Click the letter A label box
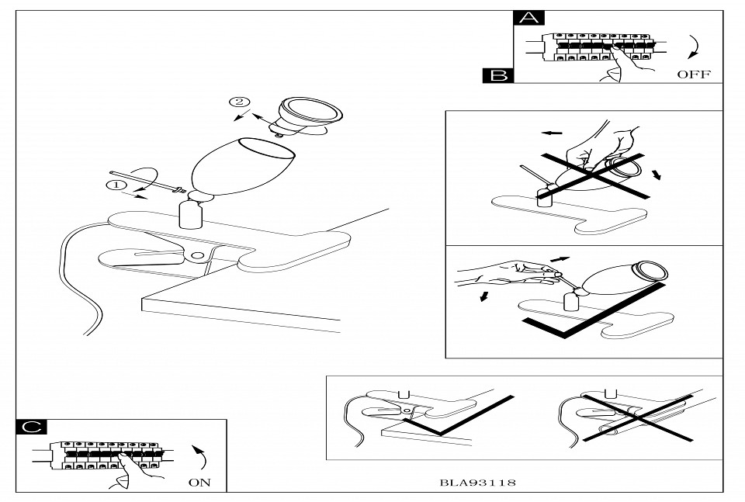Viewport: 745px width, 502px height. [x=530, y=19]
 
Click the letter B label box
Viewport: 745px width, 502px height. [x=498, y=74]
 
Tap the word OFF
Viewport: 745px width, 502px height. [x=694, y=75]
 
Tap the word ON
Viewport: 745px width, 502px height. [x=199, y=482]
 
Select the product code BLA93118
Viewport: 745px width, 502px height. [x=478, y=482]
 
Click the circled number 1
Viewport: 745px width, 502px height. [x=115, y=185]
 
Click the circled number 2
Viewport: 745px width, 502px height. [x=240, y=102]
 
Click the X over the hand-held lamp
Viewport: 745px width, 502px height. [x=594, y=175]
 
